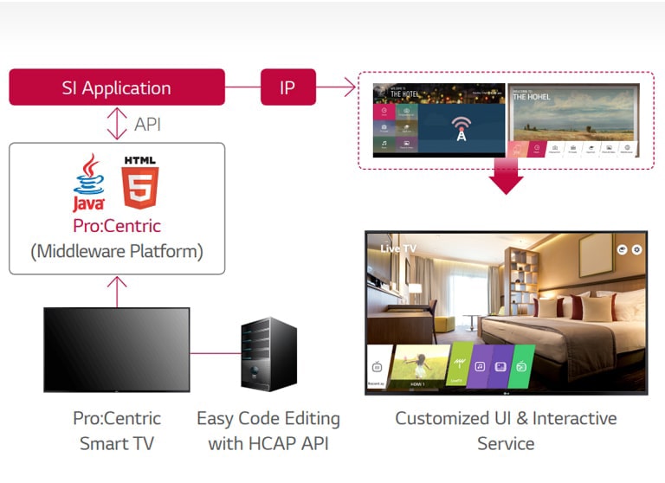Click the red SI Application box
point(116,87)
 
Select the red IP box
point(287,87)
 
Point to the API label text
point(147,125)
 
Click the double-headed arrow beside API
point(117,124)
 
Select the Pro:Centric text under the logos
point(117,226)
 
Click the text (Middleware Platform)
point(117,252)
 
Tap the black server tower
point(268,353)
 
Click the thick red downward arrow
point(506,177)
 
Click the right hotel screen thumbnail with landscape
point(574,119)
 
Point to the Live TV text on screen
point(397,248)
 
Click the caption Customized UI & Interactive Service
point(506,430)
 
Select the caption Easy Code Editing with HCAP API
point(268,430)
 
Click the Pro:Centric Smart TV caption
point(117,430)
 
